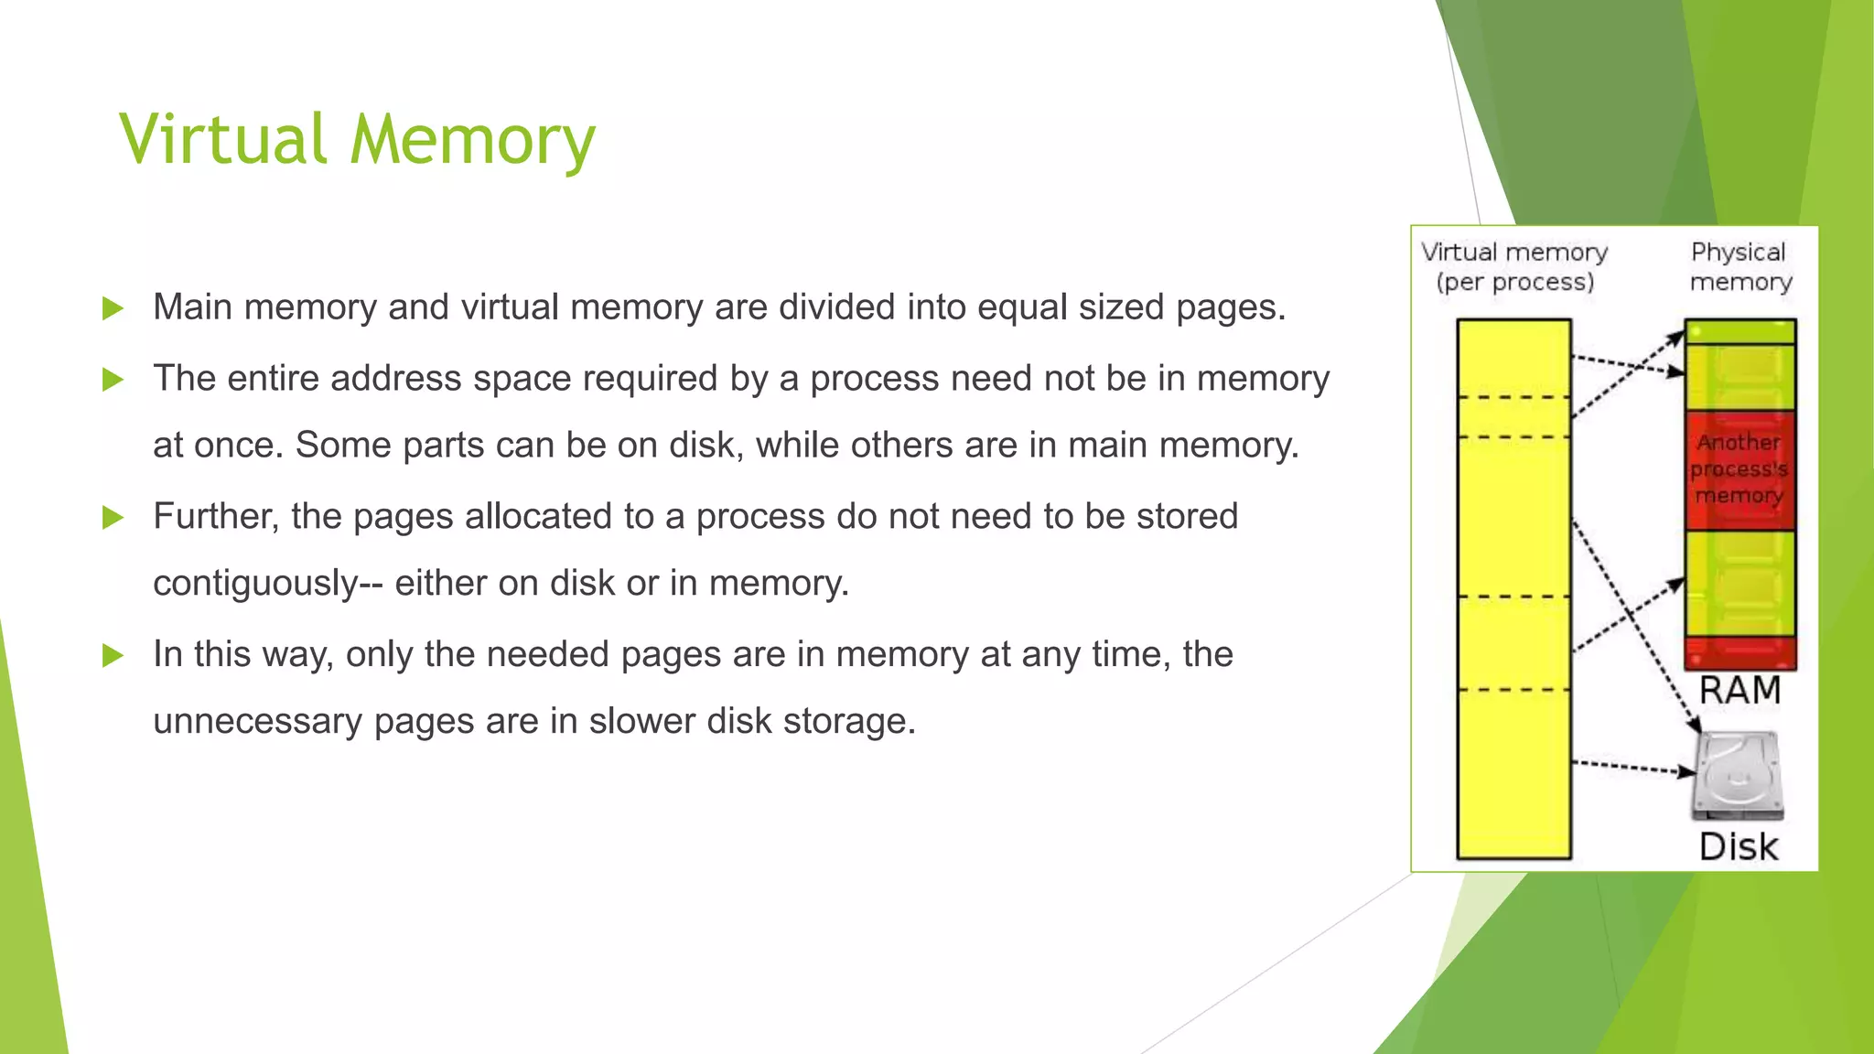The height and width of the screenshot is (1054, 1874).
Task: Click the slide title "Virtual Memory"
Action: pos(357,139)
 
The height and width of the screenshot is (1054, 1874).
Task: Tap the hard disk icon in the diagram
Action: pos(1738,776)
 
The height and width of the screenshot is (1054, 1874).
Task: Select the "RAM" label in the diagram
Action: pos(1739,690)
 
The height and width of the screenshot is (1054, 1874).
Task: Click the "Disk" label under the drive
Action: pos(1739,846)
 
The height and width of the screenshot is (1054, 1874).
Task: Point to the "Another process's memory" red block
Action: pos(1739,468)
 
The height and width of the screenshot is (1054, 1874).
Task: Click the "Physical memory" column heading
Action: pos(1739,266)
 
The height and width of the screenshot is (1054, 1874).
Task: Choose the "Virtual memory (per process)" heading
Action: pos(1515,266)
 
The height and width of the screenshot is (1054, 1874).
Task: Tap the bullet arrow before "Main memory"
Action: pos(113,308)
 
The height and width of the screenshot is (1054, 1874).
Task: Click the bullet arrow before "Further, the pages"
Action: pos(113,518)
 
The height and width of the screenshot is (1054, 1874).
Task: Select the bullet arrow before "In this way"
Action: pos(113,655)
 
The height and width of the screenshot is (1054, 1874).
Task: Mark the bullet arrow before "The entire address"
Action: pos(113,379)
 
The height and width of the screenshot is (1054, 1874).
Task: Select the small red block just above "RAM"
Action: pos(1739,652)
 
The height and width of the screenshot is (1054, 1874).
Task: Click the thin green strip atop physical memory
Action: pos(1739,331)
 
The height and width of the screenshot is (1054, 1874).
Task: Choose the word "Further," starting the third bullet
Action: pos(215,517)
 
